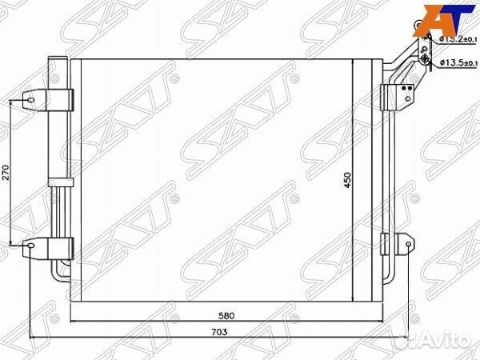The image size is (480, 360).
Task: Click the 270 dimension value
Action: click(x=6, y=174)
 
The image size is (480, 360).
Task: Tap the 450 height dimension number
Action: click(x=347, y=181)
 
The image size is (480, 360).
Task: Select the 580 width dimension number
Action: click(x=226, y=316)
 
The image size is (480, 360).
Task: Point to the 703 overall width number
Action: click(x=219, y=332)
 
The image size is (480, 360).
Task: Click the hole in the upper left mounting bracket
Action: click(x=30, y=100)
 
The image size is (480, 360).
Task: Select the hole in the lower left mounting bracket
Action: click(x=30, y=246)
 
